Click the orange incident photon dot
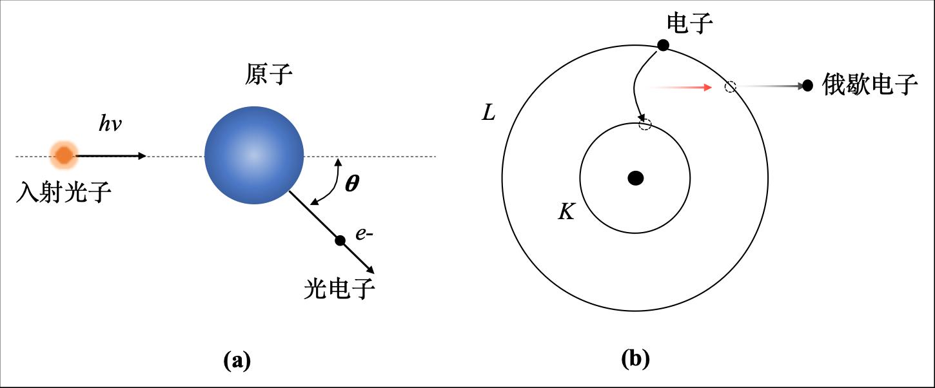(64, 155)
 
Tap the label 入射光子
(63, 191)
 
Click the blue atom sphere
(254, 155)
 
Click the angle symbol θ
(352, 184)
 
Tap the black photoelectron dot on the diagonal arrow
(340, 240)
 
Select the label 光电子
(339, 289)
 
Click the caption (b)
(635, 358)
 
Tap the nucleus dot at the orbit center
(636, 179)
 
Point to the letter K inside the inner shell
(566, 212)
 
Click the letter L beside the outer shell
(489, 114)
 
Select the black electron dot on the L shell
(662, 45)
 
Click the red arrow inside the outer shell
(684, 86)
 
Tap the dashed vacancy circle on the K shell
(644, 124)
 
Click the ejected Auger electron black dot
(807, 86)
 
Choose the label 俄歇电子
(870, 85)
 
